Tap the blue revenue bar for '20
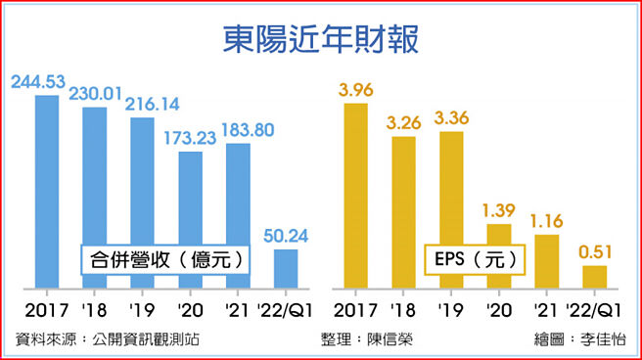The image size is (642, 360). click(189, 220)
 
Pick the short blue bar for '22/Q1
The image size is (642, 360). click(285, 269)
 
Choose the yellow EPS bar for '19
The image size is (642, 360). click(451, 209)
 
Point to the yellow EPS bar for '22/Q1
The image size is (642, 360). click(594, 277)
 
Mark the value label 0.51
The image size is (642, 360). click(595, 253)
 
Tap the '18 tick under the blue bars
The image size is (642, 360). click(94, 311)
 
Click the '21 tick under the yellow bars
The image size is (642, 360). click(545, 311)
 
